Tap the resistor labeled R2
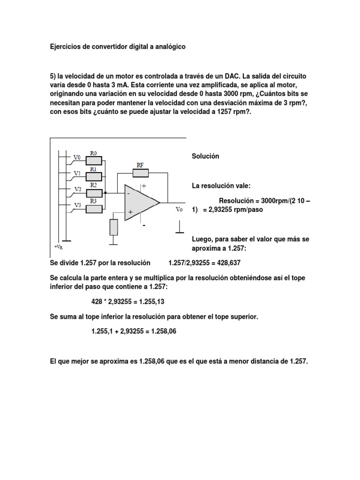(94, 192)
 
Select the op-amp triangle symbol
(141, 202)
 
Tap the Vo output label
(179, 209)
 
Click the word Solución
(206, 156)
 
